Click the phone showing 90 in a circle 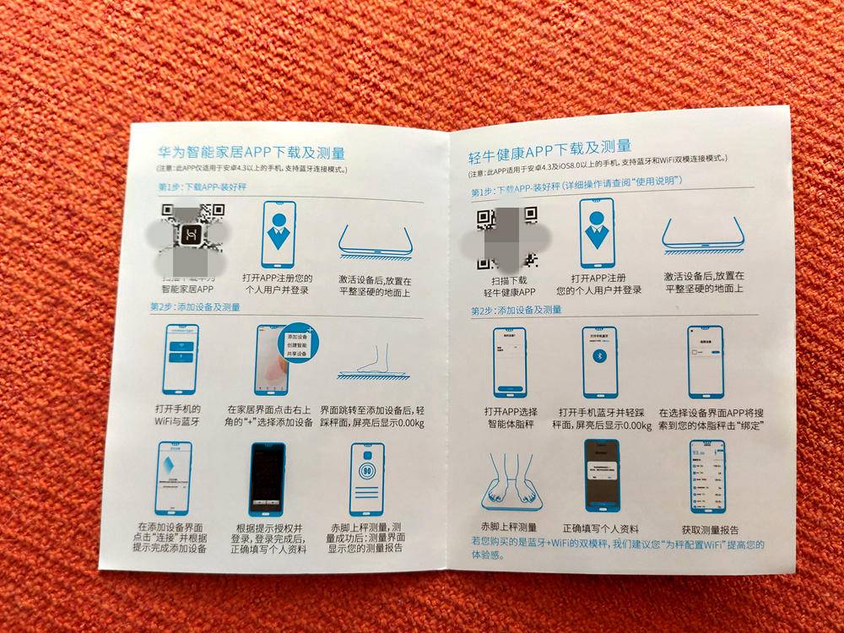pyautogui.click(x=367, y=479)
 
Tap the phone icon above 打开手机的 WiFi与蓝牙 pyautogui.click(x=181, y=359)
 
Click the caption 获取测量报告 pyautogui.click(x=708, y=527)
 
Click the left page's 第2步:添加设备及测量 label pyautogui.click(x=195, y=307)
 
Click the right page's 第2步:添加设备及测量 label pyautogui.click(x=517, y=311)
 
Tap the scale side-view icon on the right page pyautogui.click(x=702, y=235)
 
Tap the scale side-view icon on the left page pyautogui.click(x=375, y=241)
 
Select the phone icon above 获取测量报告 pyautogui.click(x=707, y=476)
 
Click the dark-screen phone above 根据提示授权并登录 pyautogui.click(x=268, y=478)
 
